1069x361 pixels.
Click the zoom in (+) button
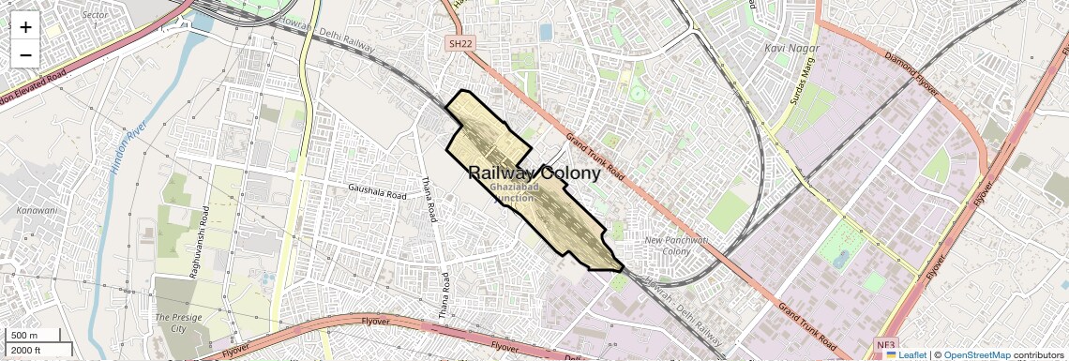25,26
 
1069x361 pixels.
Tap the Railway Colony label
534,173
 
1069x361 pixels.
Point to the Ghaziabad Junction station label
513,192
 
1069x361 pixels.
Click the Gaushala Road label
377,191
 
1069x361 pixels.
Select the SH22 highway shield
458,44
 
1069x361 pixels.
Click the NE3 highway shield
886,344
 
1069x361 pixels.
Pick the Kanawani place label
36,210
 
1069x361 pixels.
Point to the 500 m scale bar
35,336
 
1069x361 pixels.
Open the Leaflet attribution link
906,354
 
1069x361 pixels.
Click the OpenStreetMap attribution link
977,354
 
